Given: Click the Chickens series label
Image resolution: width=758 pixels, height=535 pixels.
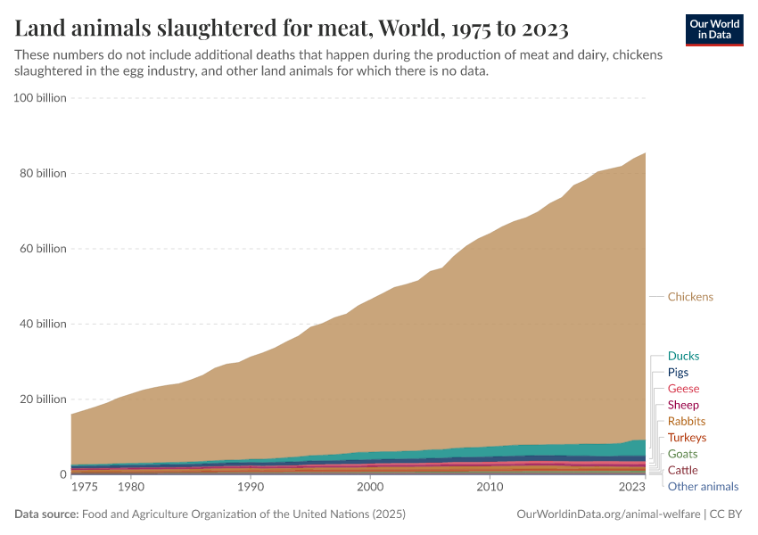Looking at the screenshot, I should coord(690,297).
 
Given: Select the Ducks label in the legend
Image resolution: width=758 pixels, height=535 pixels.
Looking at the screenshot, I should coord(683,356).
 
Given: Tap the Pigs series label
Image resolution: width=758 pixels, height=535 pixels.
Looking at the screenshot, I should coord(678,373).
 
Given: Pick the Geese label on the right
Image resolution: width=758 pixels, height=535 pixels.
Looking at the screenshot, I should coord(683,389).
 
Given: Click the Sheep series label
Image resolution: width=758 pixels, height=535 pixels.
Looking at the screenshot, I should coord(683,405).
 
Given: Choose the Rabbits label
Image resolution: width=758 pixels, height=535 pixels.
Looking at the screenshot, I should coord(686,421).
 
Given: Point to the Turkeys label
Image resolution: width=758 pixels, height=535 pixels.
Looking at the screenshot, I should coord(687,438).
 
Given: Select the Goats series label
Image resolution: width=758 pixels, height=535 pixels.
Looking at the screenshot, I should coord(682,454).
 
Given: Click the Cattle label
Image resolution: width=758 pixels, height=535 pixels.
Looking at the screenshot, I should coord(682,470).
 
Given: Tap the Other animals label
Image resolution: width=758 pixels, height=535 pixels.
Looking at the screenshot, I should coord(703,487).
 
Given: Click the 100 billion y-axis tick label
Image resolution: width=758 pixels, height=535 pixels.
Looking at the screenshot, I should coord(40,98).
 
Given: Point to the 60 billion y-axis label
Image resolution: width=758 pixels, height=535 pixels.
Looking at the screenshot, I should coord(43,249).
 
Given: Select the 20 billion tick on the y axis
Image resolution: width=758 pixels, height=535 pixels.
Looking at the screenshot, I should coord(43,399).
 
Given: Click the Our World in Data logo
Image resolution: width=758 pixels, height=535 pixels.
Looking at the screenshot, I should coord(714,29).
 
